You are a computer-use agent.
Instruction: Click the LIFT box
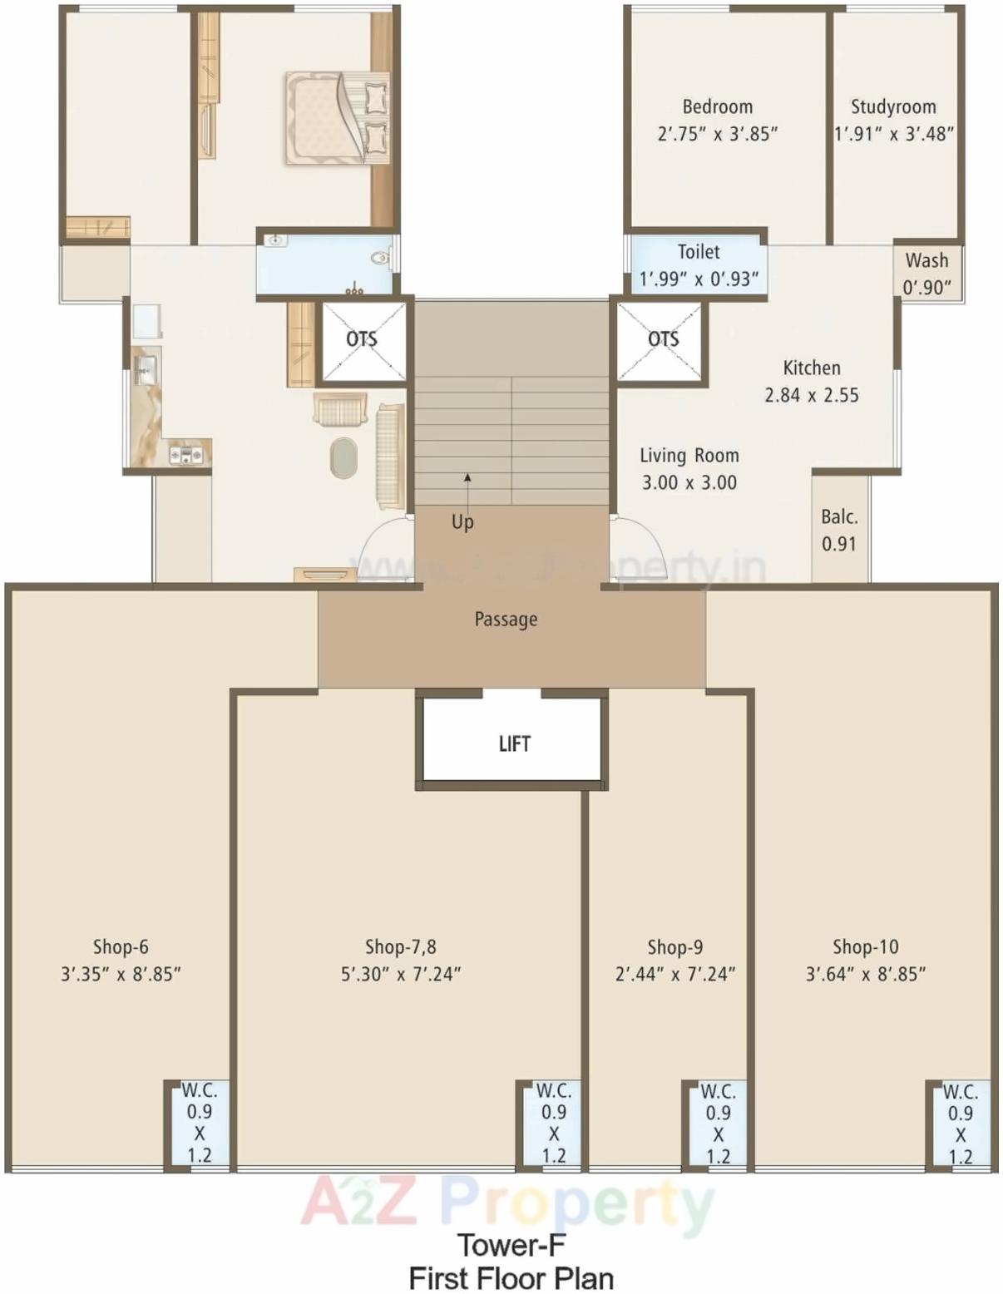coord(512,743)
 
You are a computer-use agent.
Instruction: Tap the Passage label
coord(506,620)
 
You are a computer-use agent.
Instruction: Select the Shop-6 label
coord(121,946)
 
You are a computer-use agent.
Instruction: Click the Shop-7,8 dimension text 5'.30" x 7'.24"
coord(401,974)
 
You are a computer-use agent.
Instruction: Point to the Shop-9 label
coord(674,947)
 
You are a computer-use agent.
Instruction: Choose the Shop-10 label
coord(865,946)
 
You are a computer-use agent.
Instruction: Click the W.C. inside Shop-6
coord(199,1123)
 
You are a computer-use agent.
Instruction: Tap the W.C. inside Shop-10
coord(960,1123)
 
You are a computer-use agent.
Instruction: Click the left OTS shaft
coord(363,340)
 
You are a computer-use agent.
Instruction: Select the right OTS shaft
coord(662,340)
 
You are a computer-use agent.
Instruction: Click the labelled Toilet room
coord(697,265)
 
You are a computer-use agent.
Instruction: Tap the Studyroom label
coord(893,107)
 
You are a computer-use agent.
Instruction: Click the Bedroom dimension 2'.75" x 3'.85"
coord(717,134)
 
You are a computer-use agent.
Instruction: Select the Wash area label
coord(926,273)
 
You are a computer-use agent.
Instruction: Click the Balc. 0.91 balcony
coord(838,530)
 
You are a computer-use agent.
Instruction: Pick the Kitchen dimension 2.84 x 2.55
coord(812,395)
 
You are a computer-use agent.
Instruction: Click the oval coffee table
coord(343,458)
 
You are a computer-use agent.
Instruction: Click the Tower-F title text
coord(511,1245)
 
